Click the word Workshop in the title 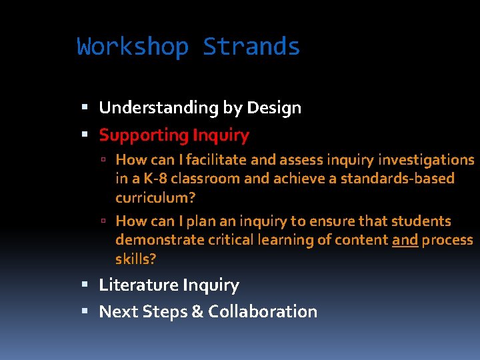[133, 47]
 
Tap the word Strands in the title [251, 47]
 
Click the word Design [274, 108]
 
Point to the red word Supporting [143, 135]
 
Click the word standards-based [397, 179]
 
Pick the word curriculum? [155, 198]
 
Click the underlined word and [405, 240]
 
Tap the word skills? [135, 259]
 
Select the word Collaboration [263, 311]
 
